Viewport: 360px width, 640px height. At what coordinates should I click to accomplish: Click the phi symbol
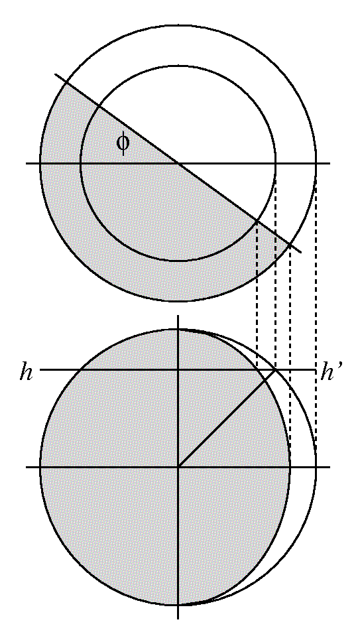coord(123,143)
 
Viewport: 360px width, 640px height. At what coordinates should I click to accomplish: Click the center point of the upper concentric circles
coord(178,164)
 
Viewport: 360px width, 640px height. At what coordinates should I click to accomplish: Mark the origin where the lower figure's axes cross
coord(178,466)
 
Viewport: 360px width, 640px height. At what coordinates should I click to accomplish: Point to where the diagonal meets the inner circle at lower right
coord(257,220)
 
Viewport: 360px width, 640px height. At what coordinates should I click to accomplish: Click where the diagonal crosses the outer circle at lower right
coord(290,245)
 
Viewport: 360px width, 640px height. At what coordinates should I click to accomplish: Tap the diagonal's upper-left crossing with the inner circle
coord(99,107)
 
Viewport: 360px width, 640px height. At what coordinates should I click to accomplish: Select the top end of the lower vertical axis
coord(178,315)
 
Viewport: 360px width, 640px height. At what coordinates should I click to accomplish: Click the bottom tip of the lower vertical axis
coord(178,619)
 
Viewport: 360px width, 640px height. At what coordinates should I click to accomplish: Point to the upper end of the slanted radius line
coord(275,370)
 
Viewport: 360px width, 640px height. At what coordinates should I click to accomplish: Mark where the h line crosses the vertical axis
coord(178,370)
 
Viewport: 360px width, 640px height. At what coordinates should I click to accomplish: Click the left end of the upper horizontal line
coord(26,164)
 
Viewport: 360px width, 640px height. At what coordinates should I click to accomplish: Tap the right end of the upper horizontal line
coord(330,164)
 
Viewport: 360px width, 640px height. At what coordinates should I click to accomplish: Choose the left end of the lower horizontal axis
coord(26,466)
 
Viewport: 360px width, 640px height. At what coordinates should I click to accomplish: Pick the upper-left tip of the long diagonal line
coord(56,75)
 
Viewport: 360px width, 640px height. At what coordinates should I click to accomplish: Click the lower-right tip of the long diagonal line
coord(302,253)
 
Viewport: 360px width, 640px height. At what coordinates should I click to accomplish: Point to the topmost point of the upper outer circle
coord(178,26)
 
